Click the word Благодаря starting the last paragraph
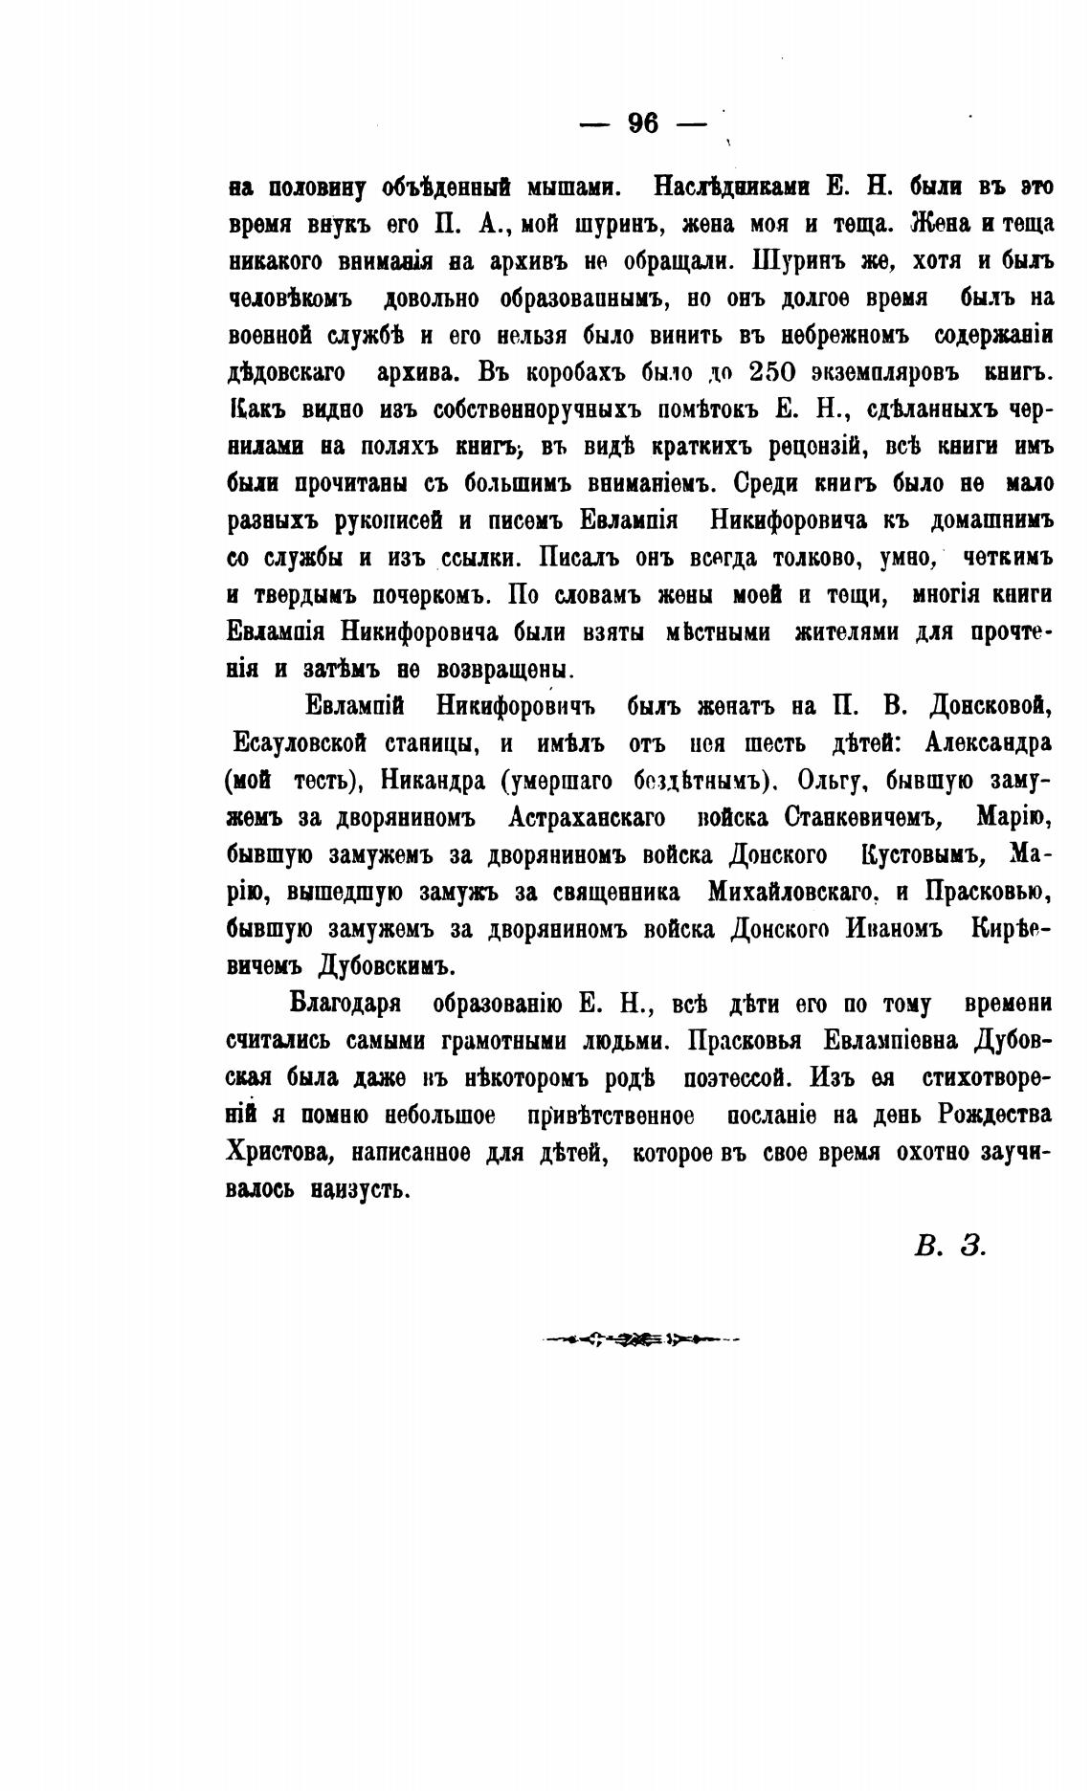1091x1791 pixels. click(345, 1004)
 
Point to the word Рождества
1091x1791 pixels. click(995, 1116)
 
